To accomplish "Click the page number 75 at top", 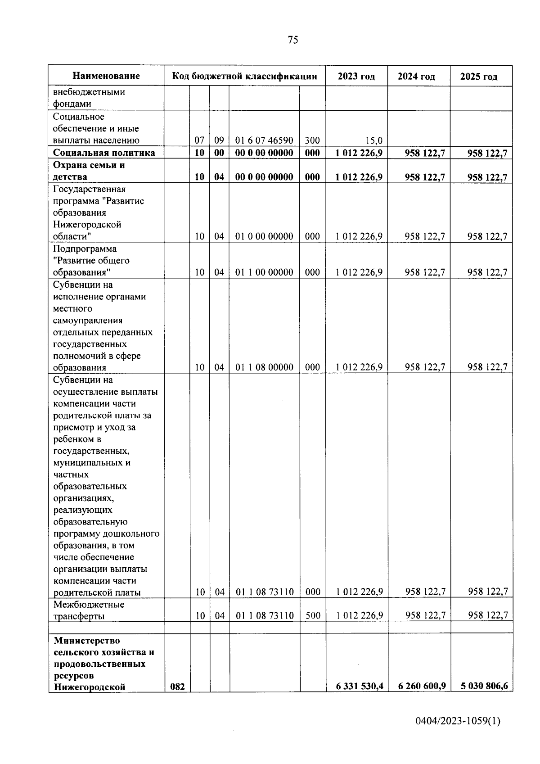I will point(292,40).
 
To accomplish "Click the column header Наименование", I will point(106,76).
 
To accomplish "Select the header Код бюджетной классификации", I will point(244,76).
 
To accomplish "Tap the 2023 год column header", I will point(356,76).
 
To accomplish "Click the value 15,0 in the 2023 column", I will point(374,140).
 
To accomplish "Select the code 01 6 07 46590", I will point(264,140).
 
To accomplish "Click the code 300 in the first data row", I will point(312,140).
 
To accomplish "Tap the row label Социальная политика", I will point(104,153).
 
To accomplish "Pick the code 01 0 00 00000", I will point(264,236).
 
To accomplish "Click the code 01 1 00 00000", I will point(264,272).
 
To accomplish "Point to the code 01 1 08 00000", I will point(264,367).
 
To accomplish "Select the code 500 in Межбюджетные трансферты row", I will point(313,615).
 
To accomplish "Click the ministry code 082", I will point(177,687).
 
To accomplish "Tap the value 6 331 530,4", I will point(359,686).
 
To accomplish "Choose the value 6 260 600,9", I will point(422,686).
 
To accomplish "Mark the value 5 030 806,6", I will point(484,686).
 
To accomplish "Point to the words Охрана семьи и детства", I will point(89,171).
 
